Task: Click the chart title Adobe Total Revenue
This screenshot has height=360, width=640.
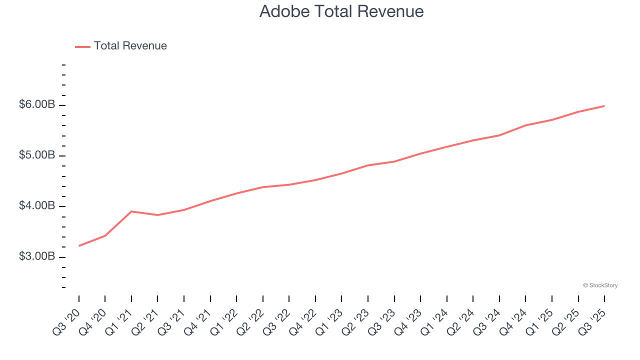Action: click(341, 11)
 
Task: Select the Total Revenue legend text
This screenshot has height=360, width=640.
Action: click(130, 46)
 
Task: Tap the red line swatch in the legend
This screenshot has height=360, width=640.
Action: click(82, 46)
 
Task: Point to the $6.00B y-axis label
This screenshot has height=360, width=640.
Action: click(37, 105)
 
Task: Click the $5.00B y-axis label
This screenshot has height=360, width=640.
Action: click(37, 155)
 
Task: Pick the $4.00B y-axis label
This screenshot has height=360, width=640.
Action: click(37, 206)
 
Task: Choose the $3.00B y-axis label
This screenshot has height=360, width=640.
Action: click(37, 256)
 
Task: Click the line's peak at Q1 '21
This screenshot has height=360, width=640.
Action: click(131, 211)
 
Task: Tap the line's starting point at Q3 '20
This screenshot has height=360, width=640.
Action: click(79, 246)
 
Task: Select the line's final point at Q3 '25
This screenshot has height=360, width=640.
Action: click(604, 106)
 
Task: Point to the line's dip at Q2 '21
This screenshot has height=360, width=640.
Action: click(157, 215)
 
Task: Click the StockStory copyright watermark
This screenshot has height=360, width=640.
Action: click(600, 285)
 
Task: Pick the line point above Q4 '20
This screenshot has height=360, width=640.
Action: click(105, 235)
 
